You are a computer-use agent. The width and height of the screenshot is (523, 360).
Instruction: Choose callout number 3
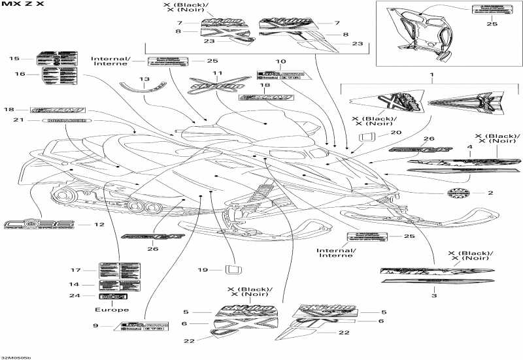(433, 296)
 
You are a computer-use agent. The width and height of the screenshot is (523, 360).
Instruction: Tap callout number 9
(95, 325)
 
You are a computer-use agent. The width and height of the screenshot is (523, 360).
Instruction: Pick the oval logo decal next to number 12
(39, 225)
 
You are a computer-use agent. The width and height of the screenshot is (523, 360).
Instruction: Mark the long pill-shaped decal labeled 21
(67, 121)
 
